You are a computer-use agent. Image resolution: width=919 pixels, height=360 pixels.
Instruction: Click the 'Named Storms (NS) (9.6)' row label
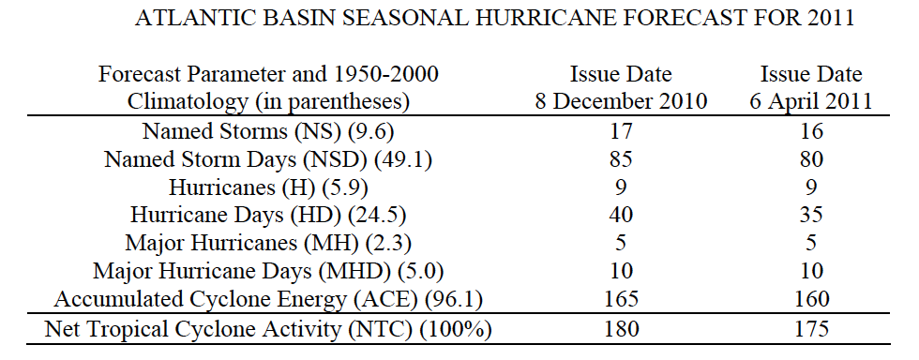tap(268, 130)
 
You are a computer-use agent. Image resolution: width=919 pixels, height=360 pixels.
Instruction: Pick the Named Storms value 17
tap(621, 130)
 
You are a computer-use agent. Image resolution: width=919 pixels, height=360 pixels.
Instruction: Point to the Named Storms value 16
tap(811, 130)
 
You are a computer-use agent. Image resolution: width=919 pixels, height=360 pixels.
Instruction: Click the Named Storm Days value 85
tap(621, 158)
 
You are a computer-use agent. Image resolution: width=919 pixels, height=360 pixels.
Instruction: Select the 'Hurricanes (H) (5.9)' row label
tap(268, 187)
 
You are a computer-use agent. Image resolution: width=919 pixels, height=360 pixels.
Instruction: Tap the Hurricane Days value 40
tap(621, 215)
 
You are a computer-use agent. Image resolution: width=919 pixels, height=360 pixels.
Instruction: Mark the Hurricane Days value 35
tap(811, 215)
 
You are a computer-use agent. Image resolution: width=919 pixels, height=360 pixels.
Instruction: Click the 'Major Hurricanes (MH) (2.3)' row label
tap(268, 243)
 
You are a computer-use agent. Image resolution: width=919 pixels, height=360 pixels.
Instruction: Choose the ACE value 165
tap(621, 299)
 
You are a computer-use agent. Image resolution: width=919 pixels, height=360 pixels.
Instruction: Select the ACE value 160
tap(811, 299)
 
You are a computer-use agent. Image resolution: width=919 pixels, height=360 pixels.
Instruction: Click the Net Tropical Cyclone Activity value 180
tap(621, 329)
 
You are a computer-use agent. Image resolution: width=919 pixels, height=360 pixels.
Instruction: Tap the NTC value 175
tap(811, 329)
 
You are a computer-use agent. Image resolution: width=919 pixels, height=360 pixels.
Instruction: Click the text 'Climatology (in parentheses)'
tap(268, 102)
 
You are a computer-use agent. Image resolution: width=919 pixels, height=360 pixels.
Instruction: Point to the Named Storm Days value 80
tap(811, 158)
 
